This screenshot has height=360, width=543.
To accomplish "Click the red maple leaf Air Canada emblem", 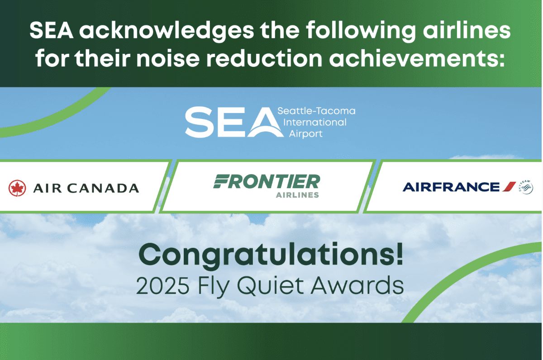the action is [17, 188].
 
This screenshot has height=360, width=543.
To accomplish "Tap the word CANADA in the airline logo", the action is [103, 188].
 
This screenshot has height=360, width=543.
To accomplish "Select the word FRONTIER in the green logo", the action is [267, 181].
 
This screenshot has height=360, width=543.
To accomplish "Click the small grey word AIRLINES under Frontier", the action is [297, 195].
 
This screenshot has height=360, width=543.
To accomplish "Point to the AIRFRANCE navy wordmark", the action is [451, 187].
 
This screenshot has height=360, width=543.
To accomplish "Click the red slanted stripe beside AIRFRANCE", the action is [509, 186].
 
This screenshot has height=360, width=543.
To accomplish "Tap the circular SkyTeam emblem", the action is [526, 187].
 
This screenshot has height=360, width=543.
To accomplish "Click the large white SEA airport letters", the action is [234, 123].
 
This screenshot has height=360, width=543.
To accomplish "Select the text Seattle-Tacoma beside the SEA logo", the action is [316, 111].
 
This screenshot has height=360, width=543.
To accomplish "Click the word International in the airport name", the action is [315, 123].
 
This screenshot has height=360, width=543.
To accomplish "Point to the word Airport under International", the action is [306, 134].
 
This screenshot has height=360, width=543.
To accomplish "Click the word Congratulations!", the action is [271, 256].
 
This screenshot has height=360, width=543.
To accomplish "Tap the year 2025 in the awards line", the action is [162, 286].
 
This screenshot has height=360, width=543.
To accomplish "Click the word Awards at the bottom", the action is [357, 286].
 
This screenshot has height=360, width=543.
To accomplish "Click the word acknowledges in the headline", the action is [167, 32].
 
